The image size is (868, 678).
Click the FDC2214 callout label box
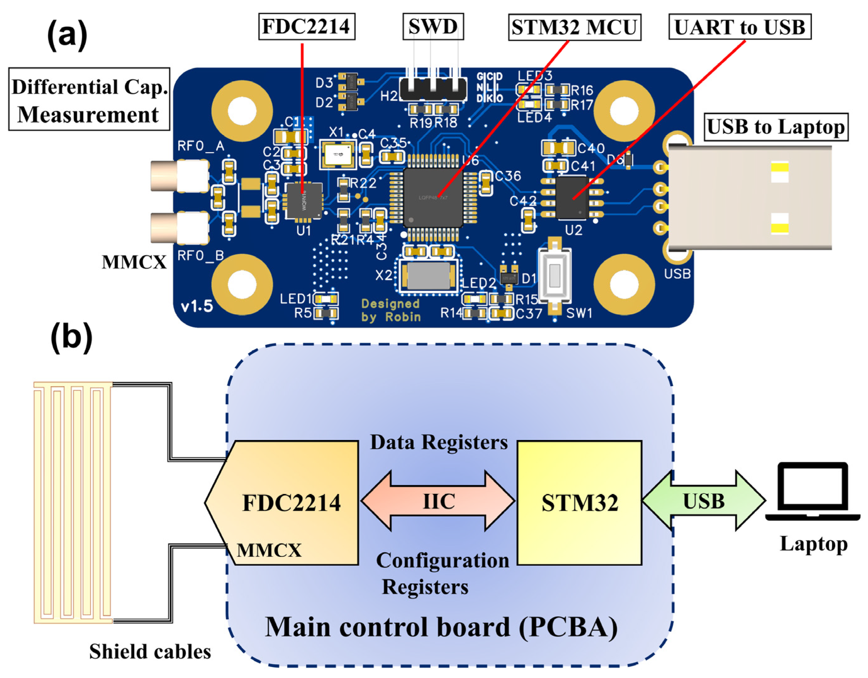coord(306,27)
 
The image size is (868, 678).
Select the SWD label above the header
coord(433,27)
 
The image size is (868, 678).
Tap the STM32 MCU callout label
coord(574,27)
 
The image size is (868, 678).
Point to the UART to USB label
coord(740,27)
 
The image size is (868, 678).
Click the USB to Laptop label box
coord(776,127)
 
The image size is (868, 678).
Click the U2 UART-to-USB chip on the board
coord(572,198)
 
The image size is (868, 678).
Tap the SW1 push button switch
coord(554,276)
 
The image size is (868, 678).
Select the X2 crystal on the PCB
coord(428,276)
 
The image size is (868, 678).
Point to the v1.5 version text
coord(197,306)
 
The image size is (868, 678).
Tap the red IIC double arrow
coord(438,501)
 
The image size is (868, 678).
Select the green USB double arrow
coord(704,501)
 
